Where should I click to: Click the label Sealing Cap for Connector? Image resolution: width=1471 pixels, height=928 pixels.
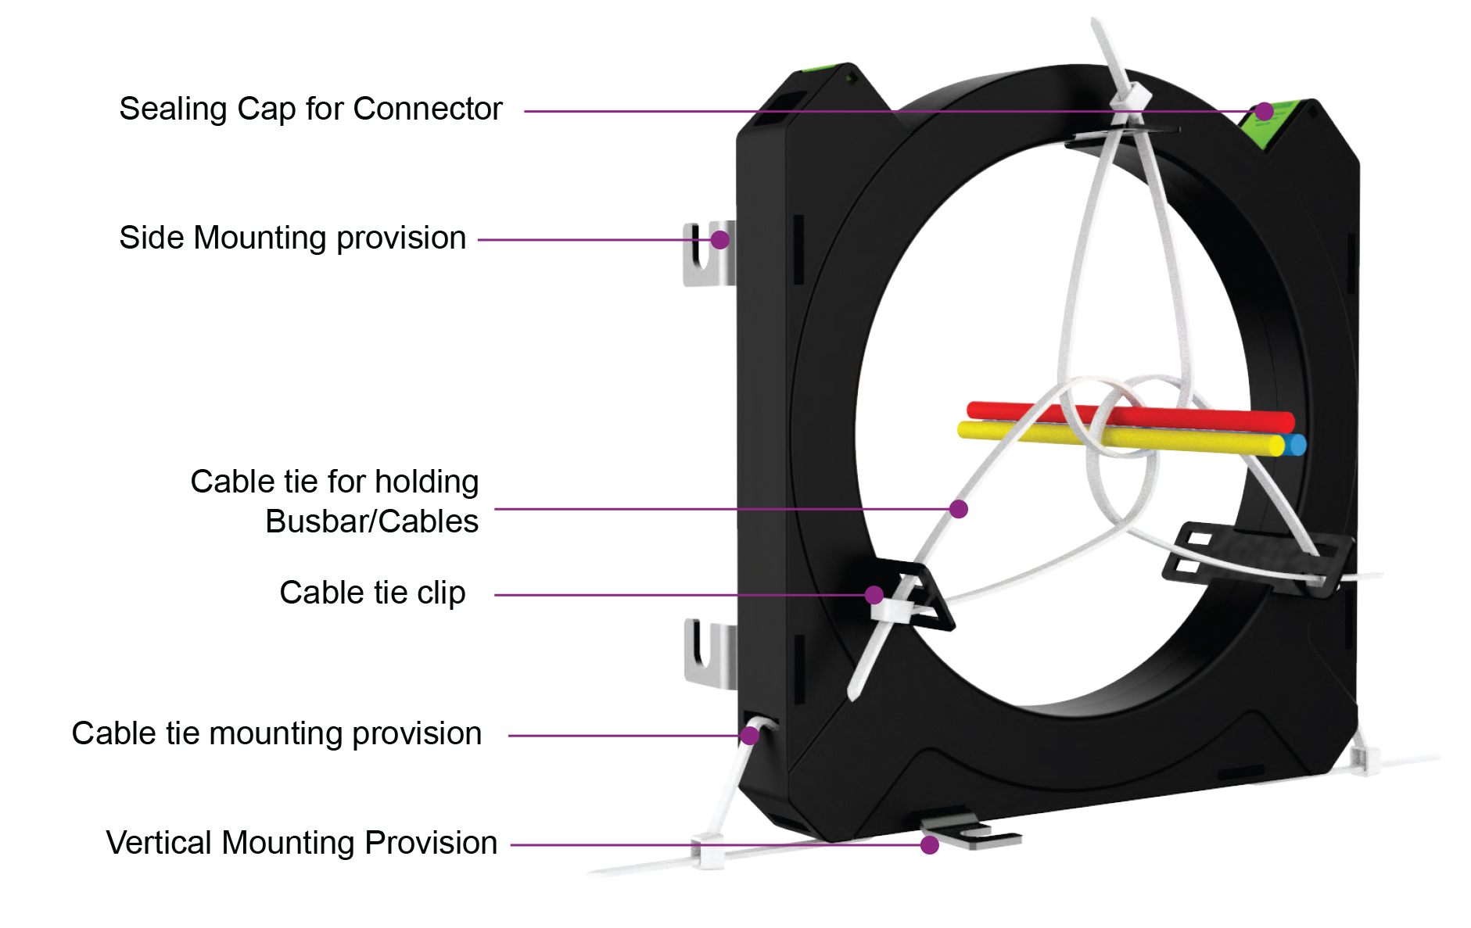tap(310, 109)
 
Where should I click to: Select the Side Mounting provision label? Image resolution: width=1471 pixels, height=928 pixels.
tap(292, 238)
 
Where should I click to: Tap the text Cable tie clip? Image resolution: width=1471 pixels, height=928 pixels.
tap(372, 593)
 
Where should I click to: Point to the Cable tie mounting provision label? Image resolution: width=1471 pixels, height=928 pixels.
tap(276, 734)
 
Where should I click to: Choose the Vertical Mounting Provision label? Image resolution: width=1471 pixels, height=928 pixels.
tap(301, 844)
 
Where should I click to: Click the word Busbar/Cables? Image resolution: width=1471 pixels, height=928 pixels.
tap(371, 522)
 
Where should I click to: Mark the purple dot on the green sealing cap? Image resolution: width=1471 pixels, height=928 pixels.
tap(1265, 112)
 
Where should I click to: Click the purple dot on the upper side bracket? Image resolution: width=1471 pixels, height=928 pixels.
tap(720, 239)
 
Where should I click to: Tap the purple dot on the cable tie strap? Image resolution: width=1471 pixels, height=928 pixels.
tap(959, 510)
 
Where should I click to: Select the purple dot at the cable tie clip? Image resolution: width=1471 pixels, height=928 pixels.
tap(874, 595)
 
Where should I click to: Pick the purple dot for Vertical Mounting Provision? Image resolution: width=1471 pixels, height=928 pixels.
tap(930, 845)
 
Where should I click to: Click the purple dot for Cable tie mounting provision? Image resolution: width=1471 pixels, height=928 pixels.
tap(750, 736)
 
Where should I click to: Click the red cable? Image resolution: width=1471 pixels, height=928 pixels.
tap(1017, 411)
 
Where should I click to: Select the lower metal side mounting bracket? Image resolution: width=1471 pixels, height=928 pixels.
tap(708, 653)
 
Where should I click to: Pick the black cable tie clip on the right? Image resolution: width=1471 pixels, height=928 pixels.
tap(1251, 557)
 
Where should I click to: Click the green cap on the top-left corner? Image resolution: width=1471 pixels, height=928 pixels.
tap(817, 69)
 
